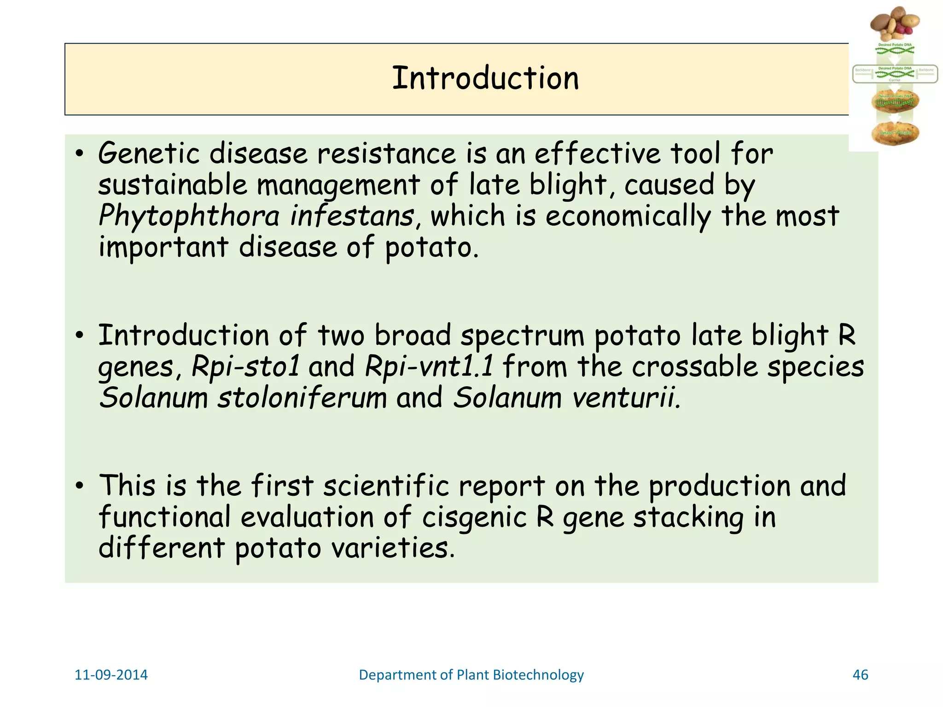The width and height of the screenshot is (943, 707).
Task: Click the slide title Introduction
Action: point(485,78)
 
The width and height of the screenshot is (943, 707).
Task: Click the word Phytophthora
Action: point(189,216)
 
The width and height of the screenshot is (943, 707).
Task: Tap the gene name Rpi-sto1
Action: point(245,366)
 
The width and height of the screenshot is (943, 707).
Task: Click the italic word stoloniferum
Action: point(302,398)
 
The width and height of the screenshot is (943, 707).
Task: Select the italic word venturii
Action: point(626,398)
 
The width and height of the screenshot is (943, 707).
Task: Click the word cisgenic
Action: point(474,517)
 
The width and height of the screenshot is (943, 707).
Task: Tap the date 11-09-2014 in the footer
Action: point(111,675)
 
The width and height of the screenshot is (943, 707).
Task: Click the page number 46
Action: point(860,675)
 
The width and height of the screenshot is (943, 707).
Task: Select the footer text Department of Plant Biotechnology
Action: point(471,675)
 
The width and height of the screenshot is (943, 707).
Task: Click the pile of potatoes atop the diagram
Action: point(894,23)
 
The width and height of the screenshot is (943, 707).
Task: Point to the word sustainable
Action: point(173,185)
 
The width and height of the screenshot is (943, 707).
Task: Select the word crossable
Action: point(694,366)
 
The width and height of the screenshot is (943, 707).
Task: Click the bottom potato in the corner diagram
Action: point(895,133)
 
